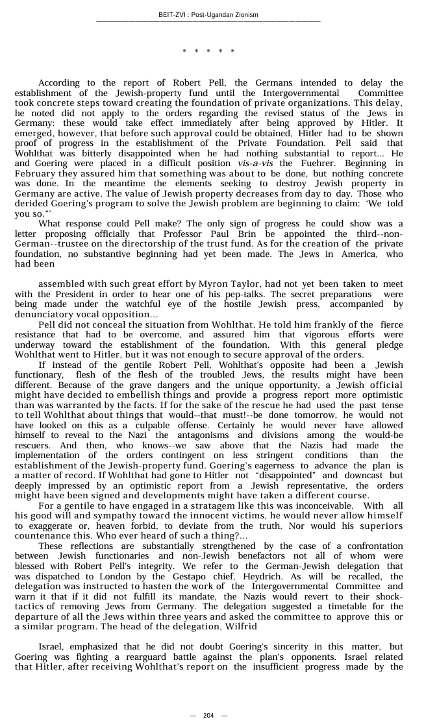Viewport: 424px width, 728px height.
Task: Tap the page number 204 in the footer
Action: click(x=208, y=716)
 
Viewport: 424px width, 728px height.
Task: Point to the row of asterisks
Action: click(x=208, y=51)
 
